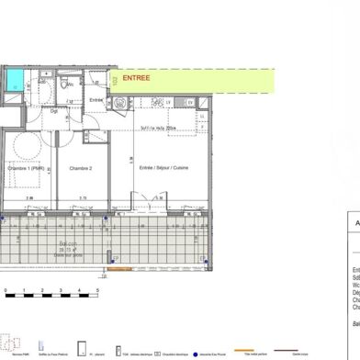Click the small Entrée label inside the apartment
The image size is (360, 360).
(x=96, y=102)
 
